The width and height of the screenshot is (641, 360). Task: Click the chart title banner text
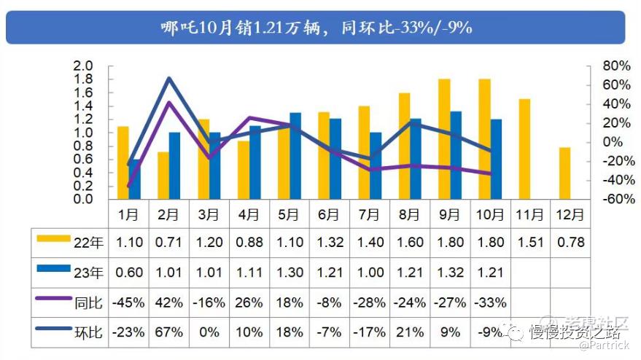[316, 28]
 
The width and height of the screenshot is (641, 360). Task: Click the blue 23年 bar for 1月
[134, 179]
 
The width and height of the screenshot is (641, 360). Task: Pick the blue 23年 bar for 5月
[295, 156]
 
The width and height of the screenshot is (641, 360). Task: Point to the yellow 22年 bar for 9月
[444, 139]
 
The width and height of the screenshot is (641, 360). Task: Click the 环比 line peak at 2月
[168, 78]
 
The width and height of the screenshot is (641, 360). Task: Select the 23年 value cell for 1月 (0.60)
[128, 273]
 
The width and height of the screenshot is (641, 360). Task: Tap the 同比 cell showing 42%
[168, 302]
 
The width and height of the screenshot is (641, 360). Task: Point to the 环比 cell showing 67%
[168, 332]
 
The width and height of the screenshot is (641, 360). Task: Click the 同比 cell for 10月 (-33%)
[489, 302]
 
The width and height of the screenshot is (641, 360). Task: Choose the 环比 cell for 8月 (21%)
[409, 332]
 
